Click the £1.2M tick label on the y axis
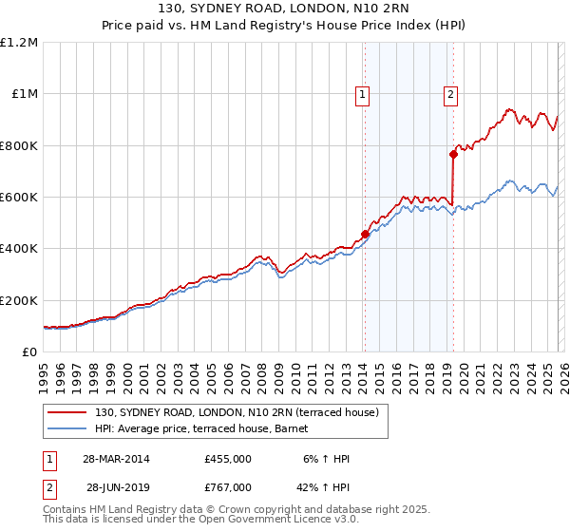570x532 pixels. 19,43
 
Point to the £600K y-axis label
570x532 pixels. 19,198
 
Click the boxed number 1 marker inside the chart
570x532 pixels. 364,94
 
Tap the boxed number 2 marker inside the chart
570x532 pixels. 449,94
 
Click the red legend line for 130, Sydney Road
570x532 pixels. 68,412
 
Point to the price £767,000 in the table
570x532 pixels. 228,486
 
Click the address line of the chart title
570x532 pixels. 285,10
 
